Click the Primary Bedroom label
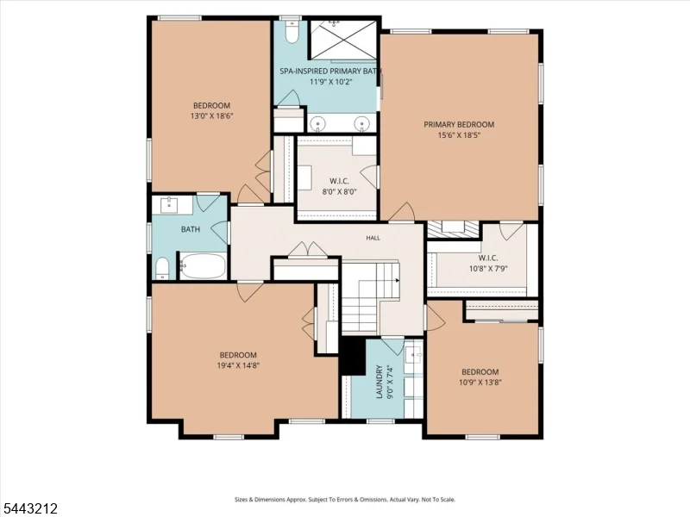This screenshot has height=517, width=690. point(459,124)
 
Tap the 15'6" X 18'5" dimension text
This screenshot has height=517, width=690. point(459,135)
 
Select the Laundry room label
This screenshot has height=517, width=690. point(379,382)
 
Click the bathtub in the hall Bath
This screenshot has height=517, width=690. point(203,266)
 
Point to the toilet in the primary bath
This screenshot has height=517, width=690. point(292,32)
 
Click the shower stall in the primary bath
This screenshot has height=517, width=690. point(343,39)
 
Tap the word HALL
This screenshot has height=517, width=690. point(373,238)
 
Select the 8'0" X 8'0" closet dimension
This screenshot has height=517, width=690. point(339,191)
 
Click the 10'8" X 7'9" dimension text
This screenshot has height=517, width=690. point(488,268)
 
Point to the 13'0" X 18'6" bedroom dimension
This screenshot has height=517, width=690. point(211,116)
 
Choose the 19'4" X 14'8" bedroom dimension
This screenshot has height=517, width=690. point(238,365)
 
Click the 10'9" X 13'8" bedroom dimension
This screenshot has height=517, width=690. point(480,382)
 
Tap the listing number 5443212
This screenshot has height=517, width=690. point(29,508)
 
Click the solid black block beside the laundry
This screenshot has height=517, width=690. point(353,356)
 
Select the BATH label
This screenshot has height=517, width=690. point(191,229)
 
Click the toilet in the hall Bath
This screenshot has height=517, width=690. point(162,268)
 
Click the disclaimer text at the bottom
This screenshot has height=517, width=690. point(345,500)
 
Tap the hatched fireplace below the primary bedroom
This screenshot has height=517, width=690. point(454,229)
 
